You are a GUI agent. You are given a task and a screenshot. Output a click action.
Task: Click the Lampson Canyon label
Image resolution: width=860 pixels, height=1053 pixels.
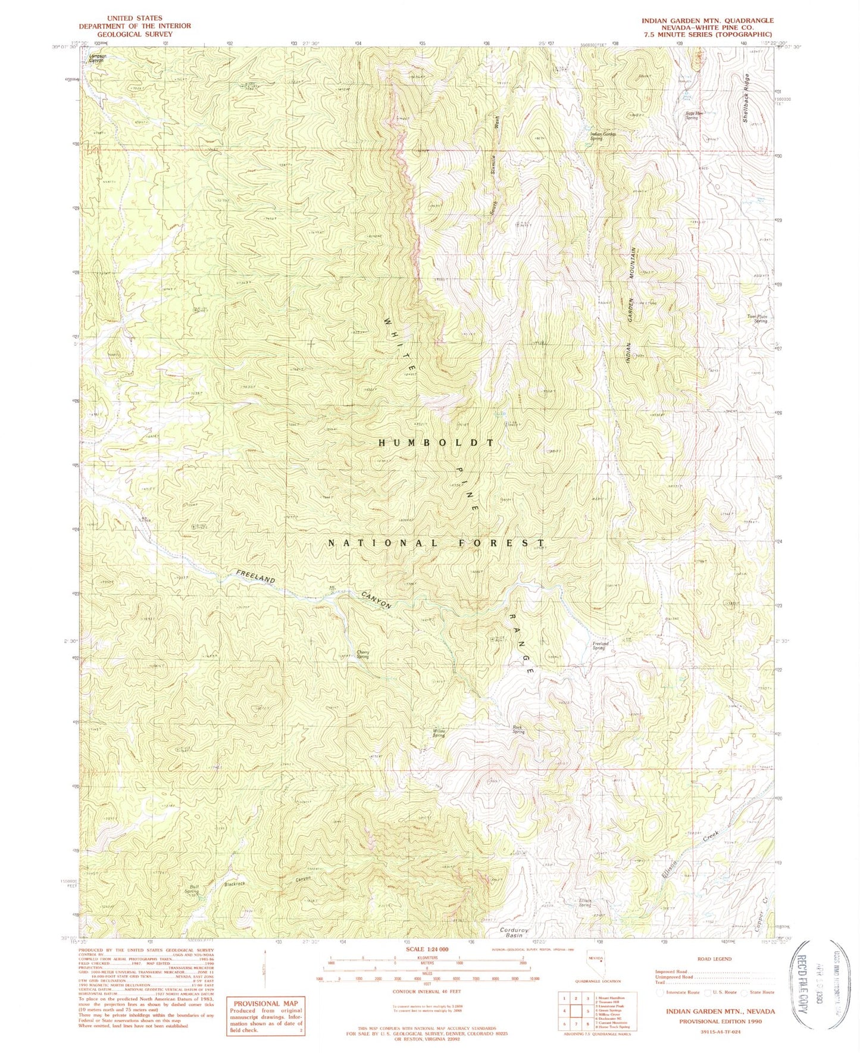click(97, 58)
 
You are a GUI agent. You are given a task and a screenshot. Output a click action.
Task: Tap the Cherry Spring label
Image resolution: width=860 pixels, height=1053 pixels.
click(363, 654)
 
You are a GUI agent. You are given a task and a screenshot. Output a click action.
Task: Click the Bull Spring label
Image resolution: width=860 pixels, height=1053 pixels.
click(191, 889)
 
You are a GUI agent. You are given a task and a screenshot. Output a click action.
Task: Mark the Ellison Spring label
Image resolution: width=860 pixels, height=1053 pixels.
click(584, 903)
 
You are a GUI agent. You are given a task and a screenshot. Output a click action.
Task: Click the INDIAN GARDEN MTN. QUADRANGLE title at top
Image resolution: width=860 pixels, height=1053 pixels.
click(707, 20)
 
